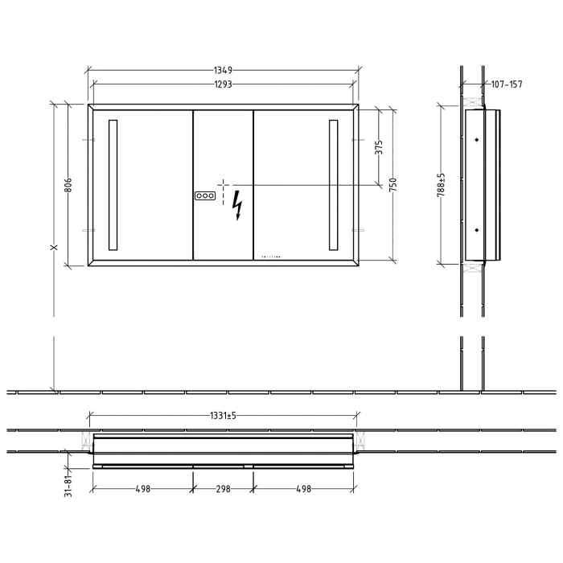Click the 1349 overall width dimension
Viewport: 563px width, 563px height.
[x=224, y=71]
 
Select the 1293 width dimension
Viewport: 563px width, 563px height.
[x=224, y=84]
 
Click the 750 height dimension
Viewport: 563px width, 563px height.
[x=393, y=184]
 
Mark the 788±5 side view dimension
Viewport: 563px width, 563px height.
[x=442, y=185]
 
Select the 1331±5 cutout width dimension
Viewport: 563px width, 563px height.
[x=224, y=416]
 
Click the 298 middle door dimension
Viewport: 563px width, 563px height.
[x=223, y=488]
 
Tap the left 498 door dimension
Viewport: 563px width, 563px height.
[x=142, y=488]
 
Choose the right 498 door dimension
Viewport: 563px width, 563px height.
[x=303, y=488]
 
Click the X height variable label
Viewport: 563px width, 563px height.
[x=53, y=248]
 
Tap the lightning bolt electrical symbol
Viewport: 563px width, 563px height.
[x=237, y=205]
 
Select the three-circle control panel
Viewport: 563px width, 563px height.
[x=205, y=195]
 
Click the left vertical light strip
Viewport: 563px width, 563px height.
[x=113, y=185]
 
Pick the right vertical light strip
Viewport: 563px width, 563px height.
[x=333, y=185]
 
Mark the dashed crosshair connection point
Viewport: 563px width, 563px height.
[x=223, y=185]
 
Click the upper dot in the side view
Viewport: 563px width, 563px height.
[x=477, y=140]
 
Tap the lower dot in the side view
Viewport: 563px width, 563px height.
[x=477, y=230]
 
